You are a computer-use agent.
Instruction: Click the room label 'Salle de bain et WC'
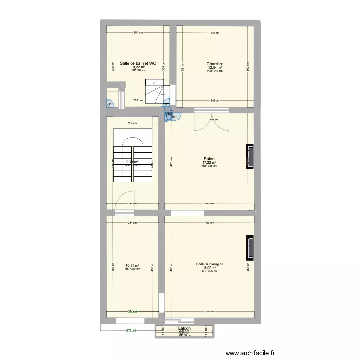coord(138,63)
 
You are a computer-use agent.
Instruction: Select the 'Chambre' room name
coord(215,64)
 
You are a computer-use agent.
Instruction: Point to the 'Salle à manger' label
coord(209,264)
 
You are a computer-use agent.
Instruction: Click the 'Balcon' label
coord(184,329)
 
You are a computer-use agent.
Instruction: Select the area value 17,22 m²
coord(209,162)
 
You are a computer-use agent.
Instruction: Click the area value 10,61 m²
coord(132,265)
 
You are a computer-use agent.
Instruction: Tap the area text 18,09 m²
coord(209,268)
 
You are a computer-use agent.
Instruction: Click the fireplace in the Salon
coord(250,156)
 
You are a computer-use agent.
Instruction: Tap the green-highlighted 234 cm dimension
coord(132,311)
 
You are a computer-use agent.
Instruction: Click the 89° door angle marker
coord(109,105)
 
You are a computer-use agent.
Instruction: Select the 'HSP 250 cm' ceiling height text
coord(132,269)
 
